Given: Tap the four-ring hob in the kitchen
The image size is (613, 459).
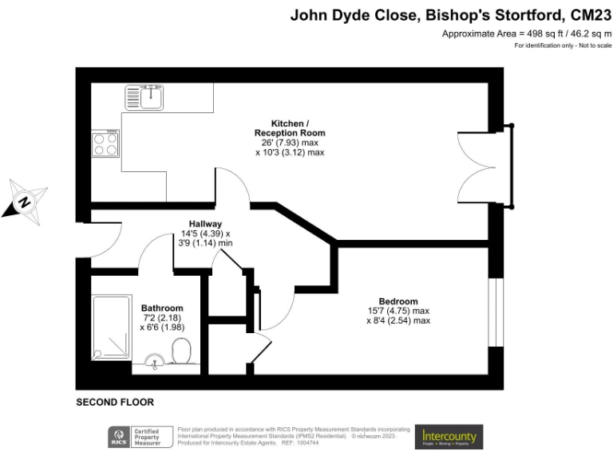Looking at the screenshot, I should (105, 143).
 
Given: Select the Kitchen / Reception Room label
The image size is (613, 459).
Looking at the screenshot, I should (290, 127).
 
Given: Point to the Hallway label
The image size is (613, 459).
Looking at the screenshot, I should (205, 224).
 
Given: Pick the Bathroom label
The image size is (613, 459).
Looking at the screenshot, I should (162, 308).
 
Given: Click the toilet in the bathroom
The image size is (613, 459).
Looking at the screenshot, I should (181, 351).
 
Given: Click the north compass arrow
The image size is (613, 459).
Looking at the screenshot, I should (26, 201).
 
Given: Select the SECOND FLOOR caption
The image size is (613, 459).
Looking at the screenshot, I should (114, 402).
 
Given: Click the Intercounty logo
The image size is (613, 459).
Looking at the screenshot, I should (449, 437).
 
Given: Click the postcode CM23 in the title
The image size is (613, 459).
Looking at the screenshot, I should (590, 14).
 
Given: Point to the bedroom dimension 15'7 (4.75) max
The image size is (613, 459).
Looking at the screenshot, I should (398, 311).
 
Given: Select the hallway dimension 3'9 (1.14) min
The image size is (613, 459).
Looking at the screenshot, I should (205, 243).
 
